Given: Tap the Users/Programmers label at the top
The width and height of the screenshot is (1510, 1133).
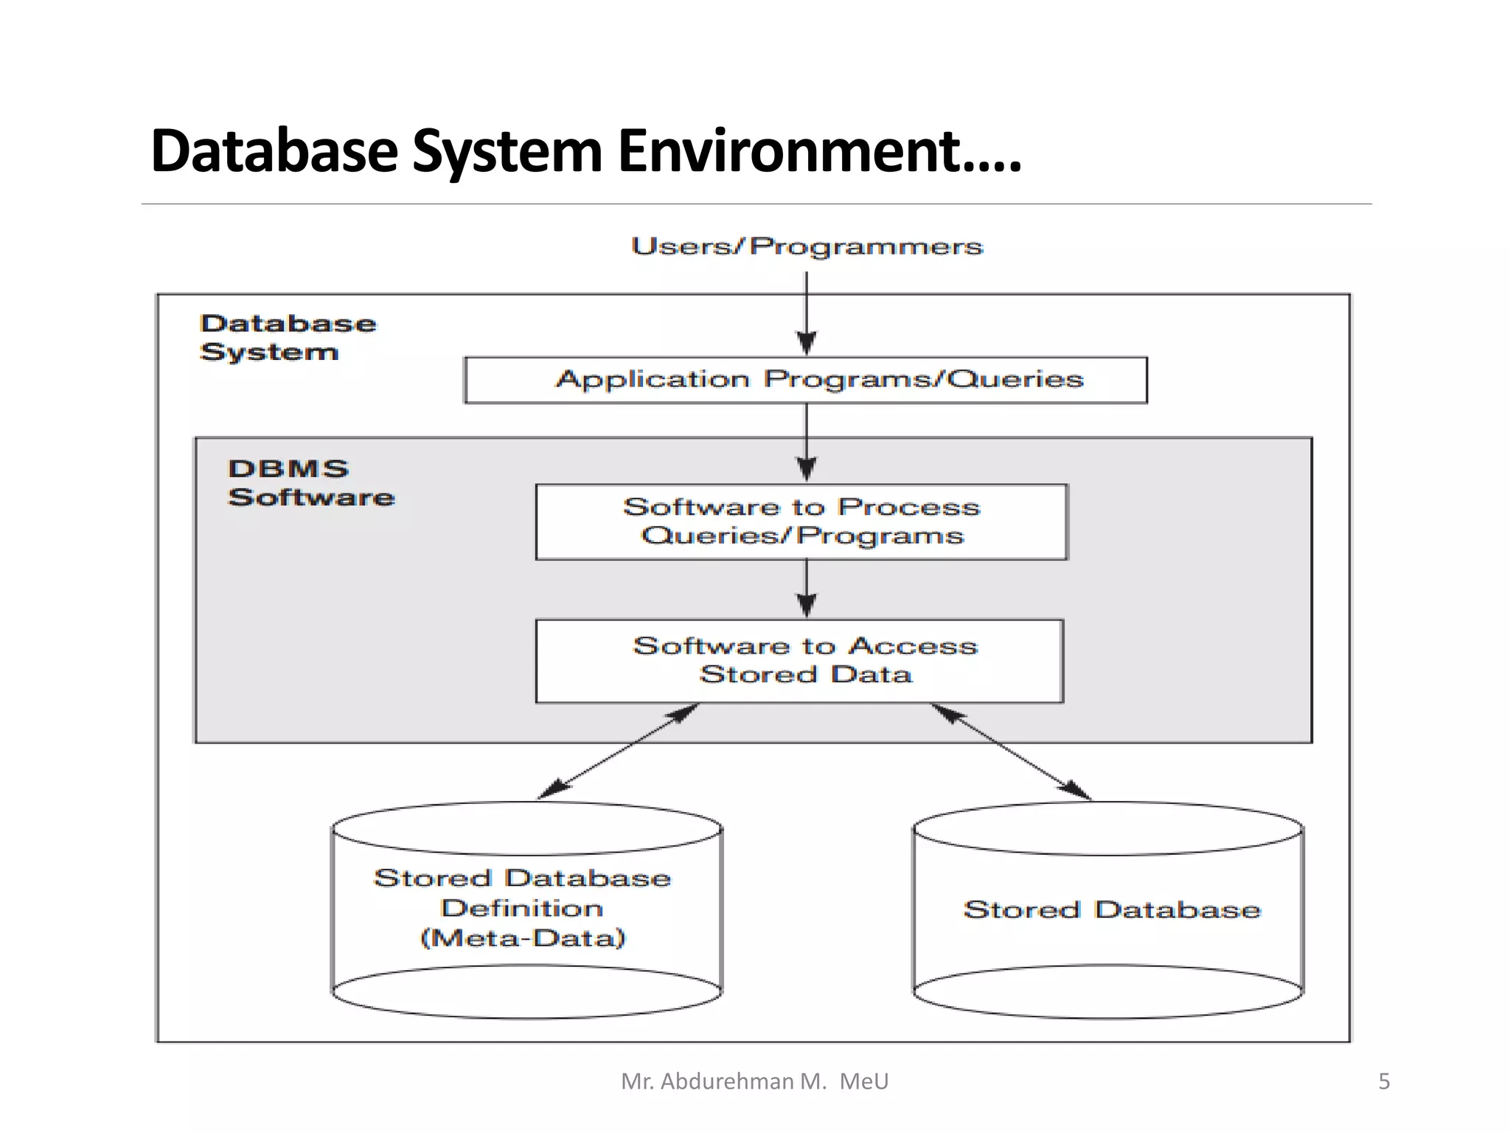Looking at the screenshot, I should click(807, 246).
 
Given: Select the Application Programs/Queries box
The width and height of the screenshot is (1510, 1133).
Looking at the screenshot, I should click(806, 381).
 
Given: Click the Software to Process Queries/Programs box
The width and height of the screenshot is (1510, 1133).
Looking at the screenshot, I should click(801, 522).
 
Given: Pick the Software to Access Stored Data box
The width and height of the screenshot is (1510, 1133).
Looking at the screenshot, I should click(800, 660).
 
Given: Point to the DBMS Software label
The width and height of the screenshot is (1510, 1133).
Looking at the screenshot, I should click(311, 483).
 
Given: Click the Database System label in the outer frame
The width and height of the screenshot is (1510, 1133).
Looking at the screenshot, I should click(288, 337).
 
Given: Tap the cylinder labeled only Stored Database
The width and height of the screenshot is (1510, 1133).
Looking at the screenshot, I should click(1108, 909).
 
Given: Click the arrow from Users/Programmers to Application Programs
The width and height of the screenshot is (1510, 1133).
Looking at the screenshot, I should click(807, 313).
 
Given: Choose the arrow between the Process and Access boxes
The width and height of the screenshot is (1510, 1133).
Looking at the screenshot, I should click(807, 589).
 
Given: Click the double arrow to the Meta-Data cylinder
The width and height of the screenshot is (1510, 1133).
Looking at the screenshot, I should click(618, 752).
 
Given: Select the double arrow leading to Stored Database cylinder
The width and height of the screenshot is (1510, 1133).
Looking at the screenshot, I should click(1012, 752).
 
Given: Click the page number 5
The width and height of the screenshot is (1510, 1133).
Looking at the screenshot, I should click(1384, 1081).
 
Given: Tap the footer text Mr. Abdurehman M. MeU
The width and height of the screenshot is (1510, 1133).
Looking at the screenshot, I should click(754, 1081).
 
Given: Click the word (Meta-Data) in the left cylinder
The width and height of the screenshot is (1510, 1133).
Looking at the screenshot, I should click(523, 938).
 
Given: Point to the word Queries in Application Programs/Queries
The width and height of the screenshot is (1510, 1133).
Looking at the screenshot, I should click(1015, 379).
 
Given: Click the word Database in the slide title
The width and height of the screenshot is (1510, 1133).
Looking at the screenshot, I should click(274, 151).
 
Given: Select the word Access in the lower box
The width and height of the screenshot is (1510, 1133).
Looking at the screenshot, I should click(913, 646).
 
